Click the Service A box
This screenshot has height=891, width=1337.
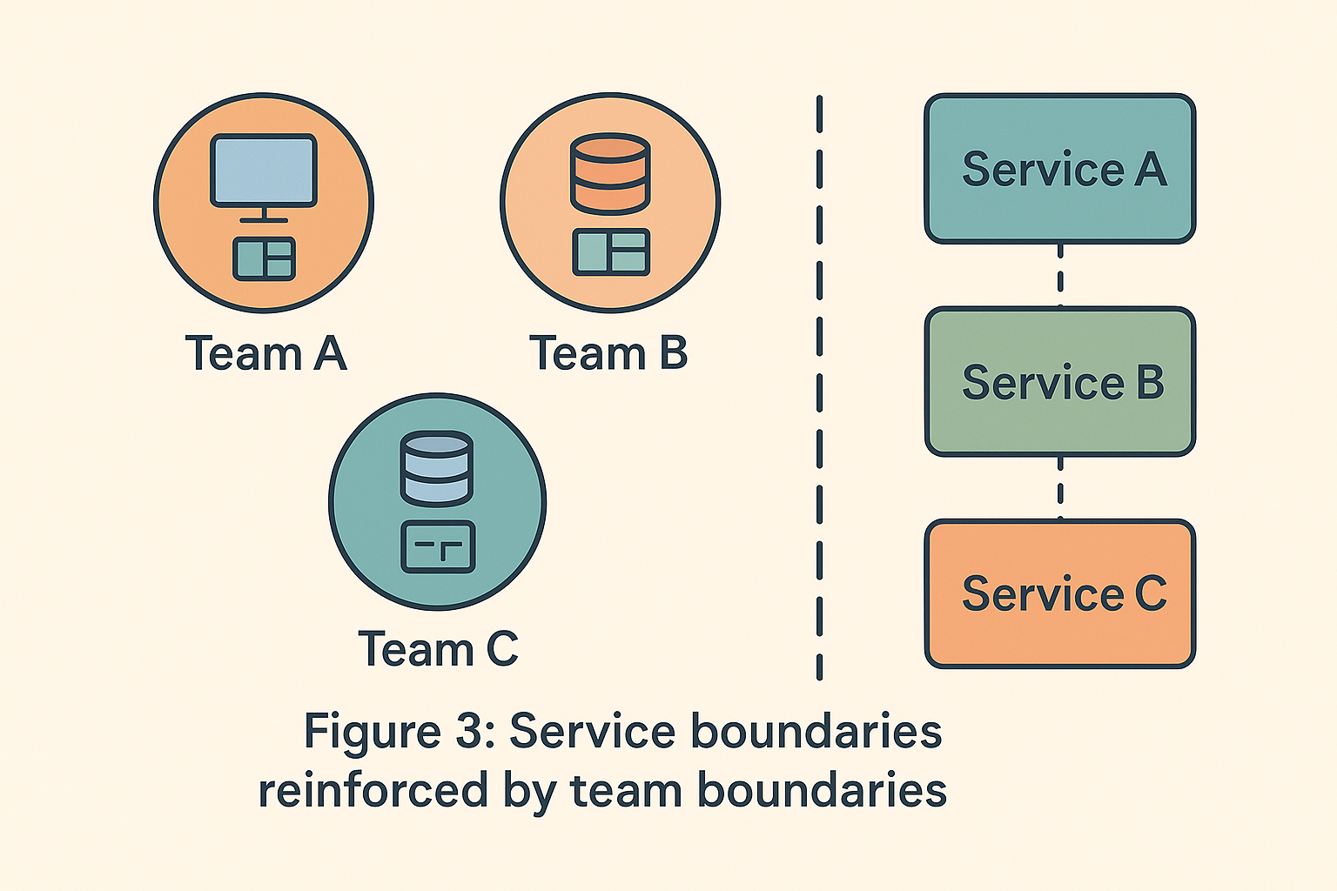(x=1059, y=168)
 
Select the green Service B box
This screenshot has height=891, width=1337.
(x=1059, y=381)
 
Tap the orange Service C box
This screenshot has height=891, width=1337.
(x=1059, y=593)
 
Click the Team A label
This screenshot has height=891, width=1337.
(x=265, y=354)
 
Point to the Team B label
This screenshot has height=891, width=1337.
(x=608, y=354)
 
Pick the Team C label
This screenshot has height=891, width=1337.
(x=438, y=649)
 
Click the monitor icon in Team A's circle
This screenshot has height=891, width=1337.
(x=264, y=171)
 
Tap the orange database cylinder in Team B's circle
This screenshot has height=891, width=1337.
(x=609, y=173)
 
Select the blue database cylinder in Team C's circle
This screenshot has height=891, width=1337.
(x=437, y=469)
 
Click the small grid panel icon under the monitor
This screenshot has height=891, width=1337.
(x=264, y=258)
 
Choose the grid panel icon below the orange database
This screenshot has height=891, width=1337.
(x=611, y=252)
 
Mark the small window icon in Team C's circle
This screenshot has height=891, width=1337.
(x=438, y=547)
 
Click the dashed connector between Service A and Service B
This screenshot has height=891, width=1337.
(x=1059, y=275)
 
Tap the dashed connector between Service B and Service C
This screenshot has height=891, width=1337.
(x=1059, y=487)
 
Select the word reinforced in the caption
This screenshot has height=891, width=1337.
(x=373, y=791)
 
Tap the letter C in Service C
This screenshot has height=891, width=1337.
(x=1150, y=593)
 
